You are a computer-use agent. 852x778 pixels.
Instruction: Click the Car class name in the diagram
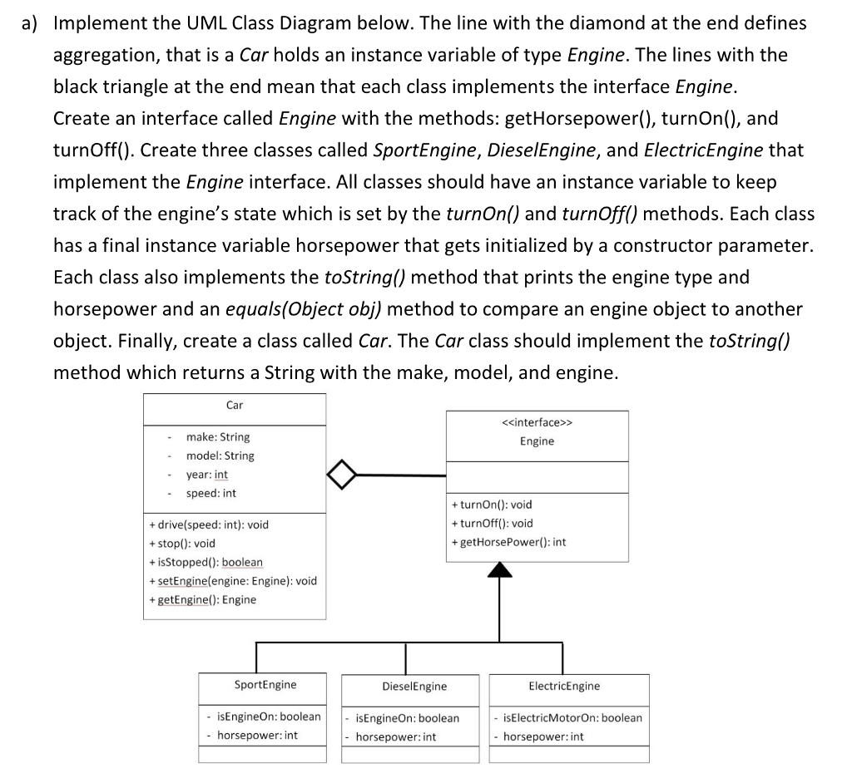pos(235,406)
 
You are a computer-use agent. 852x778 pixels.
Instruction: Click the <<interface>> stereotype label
pos(537,422)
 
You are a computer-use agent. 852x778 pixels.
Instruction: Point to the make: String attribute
pos(217,437)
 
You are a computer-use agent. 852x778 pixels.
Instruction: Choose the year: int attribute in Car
pos(207,475)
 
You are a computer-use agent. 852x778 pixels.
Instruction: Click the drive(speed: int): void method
pos(209,524)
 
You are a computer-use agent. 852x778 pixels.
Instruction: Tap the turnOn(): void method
pos(491,505)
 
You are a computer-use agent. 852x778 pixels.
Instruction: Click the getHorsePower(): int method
pos(508,542)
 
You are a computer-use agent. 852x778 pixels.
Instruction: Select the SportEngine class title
pos(265,685)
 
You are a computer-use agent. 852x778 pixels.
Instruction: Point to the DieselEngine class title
pos(414,687)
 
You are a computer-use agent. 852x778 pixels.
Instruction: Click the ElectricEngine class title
pos(564,686)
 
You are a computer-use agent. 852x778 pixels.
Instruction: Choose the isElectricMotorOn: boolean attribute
pos(572,717)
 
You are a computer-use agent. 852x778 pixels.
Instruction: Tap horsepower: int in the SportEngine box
pos(257,735)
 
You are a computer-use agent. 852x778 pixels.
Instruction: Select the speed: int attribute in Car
pos(211,494)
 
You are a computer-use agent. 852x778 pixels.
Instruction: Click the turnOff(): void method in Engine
pos(492,524)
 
